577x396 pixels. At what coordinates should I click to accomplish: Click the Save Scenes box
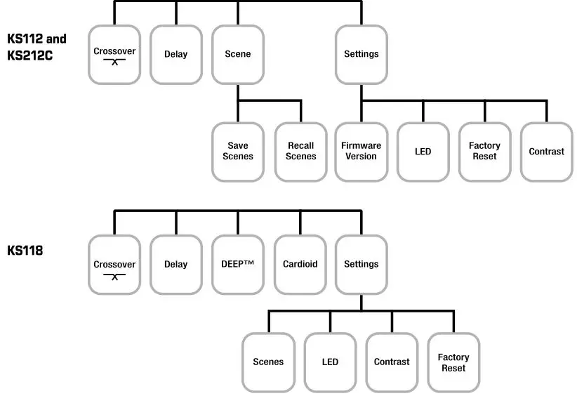click(238, 152)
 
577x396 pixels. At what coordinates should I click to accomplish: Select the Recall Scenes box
click(300, 152)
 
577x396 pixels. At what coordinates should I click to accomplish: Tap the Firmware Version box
click(362, 152)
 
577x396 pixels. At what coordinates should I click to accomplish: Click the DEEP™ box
click(238, 265)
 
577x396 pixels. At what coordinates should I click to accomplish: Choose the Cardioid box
click(300, 265)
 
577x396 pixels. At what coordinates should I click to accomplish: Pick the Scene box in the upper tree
click(238, 54)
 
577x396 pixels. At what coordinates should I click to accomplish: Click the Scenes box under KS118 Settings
click(268, 362)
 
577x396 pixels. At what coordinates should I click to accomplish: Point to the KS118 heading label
click(25, 249)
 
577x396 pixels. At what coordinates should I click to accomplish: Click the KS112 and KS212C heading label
click(37, 47)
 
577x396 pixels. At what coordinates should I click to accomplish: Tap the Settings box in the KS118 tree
click(362, 265)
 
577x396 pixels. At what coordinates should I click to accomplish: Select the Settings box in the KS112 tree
click(362, 54)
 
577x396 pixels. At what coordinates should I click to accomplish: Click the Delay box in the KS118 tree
click(176, 265)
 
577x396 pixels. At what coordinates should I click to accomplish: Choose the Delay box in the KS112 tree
click(176, 54)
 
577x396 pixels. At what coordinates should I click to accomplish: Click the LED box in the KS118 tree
click(330, 362)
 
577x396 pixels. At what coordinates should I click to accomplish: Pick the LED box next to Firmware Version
click(423, 152)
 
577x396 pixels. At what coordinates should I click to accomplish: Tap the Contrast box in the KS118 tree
click(392, 362)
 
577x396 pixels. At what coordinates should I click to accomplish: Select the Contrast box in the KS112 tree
click(547, 152)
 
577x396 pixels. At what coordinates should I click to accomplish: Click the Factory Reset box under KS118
click(453, 362)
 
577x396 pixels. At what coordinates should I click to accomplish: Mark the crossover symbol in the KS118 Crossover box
click(114, 275)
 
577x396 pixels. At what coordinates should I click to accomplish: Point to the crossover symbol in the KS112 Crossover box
click(114, 62)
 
